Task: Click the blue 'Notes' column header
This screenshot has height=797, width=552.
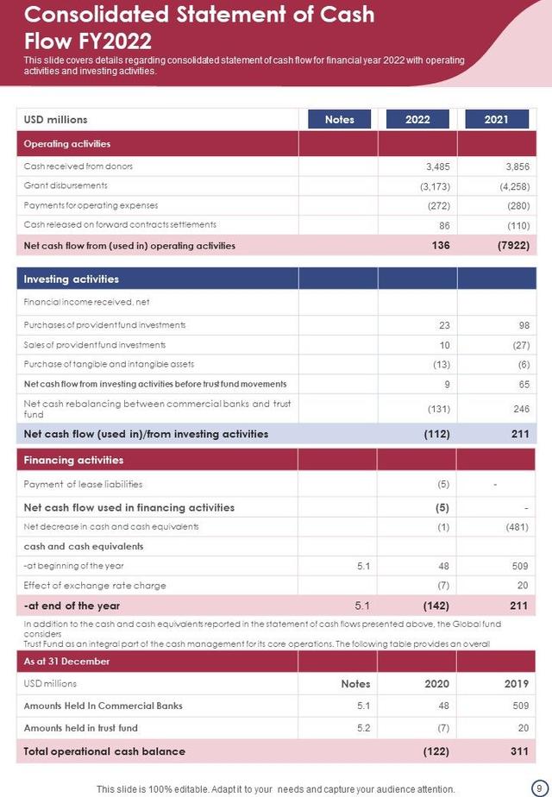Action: coord(339,120)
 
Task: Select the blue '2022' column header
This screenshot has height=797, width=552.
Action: coord(417,120)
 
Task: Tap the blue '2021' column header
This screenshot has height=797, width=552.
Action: coord(496,120)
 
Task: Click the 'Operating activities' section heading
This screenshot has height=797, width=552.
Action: coord(67,144)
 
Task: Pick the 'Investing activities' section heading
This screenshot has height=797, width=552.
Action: coord(72,279)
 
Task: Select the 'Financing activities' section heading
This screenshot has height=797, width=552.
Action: coord(73,461)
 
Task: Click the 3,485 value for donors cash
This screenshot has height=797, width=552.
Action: coord(437,166)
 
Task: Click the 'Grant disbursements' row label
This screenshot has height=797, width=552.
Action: coord(66,185)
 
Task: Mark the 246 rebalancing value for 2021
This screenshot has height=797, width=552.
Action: coord(520,409)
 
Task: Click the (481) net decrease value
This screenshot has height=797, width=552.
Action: coord(517,527)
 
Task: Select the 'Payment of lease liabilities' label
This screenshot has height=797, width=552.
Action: coord(83,484)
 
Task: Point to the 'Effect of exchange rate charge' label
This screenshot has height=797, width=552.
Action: coord(95,586)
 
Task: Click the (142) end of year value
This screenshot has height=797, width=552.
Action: coord(436,606)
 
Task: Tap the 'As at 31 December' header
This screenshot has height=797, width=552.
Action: coord(67,662)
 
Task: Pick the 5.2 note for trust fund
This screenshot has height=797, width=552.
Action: coord(363,728)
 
